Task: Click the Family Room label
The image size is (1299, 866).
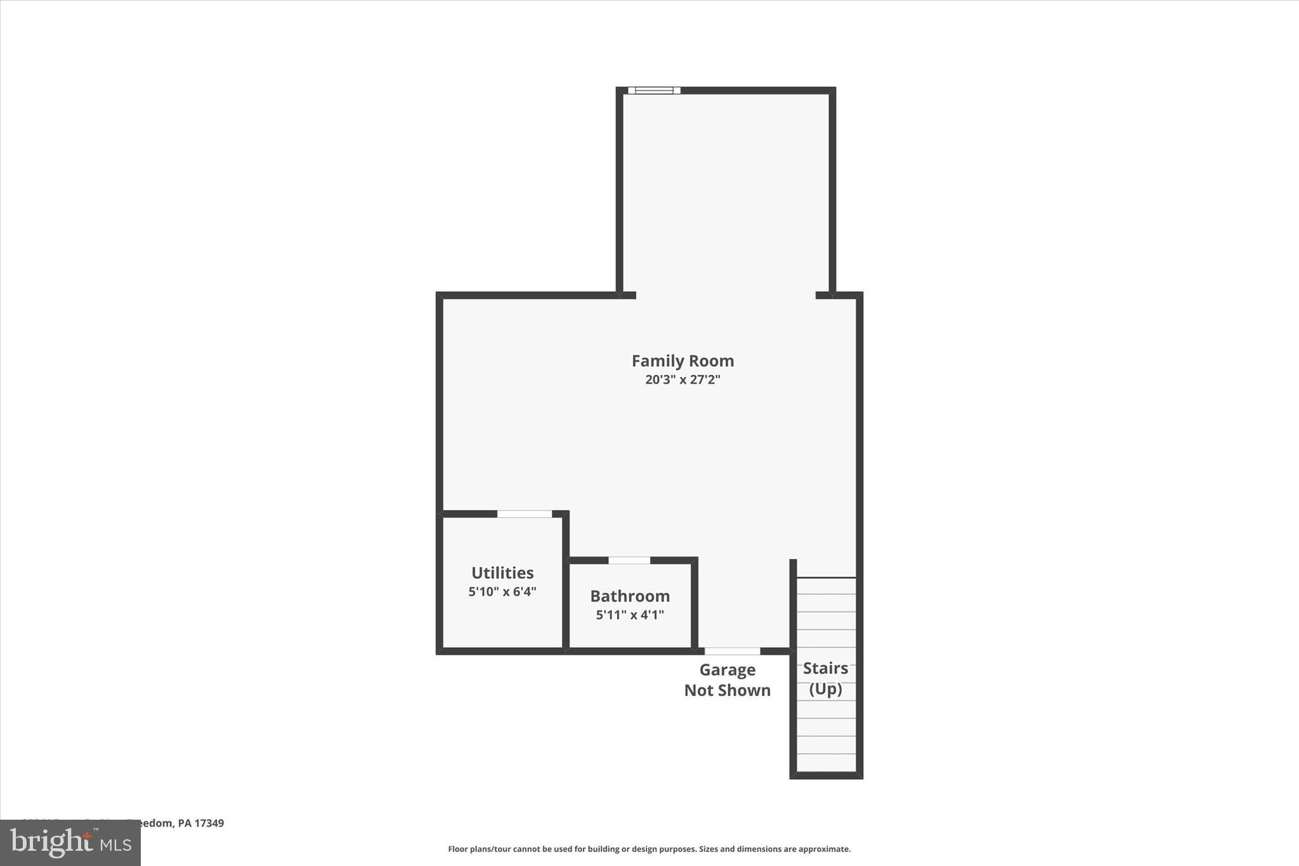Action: coord(682,361)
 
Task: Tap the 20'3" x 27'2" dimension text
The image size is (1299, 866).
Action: coord(682,380)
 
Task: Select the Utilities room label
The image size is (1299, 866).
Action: coord(502,573)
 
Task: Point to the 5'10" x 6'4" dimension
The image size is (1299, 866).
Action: coord(502,592)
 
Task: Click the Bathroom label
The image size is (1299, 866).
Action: coord(630,596)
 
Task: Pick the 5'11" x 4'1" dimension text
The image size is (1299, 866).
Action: coord(630,615)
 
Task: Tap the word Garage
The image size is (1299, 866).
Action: coord(728,670)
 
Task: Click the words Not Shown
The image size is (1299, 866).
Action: coord(728,690)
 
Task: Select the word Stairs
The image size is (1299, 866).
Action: coord(825,668)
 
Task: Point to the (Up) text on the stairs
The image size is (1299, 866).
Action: coord(825,689)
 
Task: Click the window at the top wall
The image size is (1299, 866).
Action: coord(654,91)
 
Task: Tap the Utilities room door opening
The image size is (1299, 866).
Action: coord(525,514)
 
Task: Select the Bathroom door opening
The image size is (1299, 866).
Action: coord(629,560)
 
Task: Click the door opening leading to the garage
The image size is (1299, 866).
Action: coord(733,651)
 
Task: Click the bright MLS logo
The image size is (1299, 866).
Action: coord(70,843)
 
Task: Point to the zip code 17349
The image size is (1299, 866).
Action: coord(209,823)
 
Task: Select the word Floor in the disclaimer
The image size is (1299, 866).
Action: coord(457,849)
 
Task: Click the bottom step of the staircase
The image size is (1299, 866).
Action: coord(826,762)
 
